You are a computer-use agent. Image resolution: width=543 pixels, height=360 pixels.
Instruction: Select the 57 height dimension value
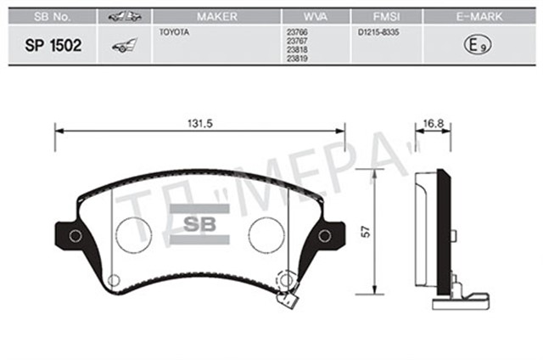(366, 231)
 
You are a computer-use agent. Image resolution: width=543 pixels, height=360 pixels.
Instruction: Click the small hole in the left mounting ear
(75, 236)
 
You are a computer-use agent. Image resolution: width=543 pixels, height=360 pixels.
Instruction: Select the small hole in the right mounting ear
(324, 237)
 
